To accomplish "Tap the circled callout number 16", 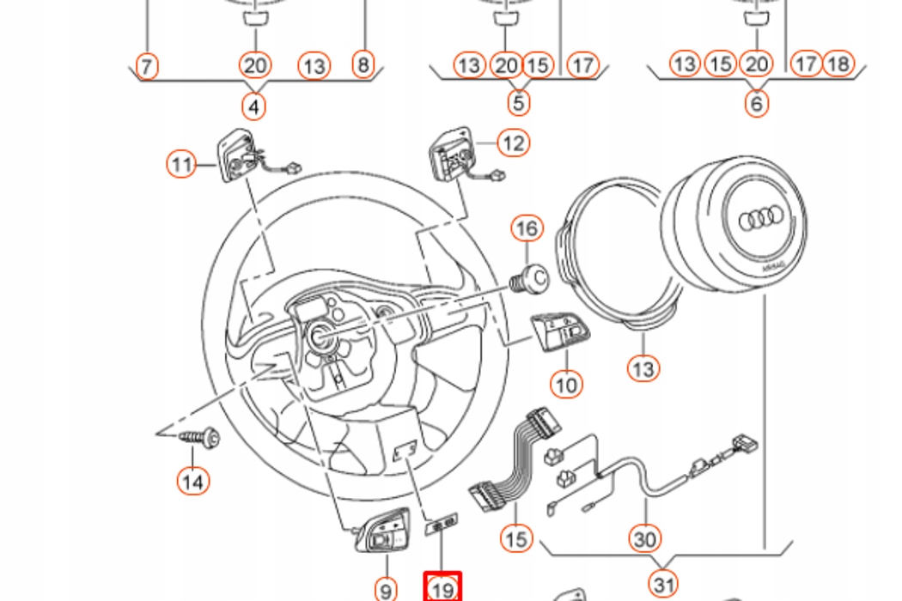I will tap(528, 228).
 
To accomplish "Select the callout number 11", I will tap(181, 163).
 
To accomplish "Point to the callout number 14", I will tap(193, 481).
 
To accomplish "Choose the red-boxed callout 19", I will tap(443, 589).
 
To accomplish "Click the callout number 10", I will tap(566, 384).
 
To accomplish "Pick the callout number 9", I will tap(386, 589).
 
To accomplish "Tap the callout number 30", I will tap(644, 538).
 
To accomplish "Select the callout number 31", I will tap(662, 585).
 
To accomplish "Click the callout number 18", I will tap(838, 64).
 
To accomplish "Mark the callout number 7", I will tap(147, 64).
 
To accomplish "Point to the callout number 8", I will tap(363, 64).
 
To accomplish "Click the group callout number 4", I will tap(253, 106).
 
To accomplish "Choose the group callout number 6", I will tap(756, 104).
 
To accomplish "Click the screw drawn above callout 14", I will tap(201, 439).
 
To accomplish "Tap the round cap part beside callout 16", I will tap(533, 278).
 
